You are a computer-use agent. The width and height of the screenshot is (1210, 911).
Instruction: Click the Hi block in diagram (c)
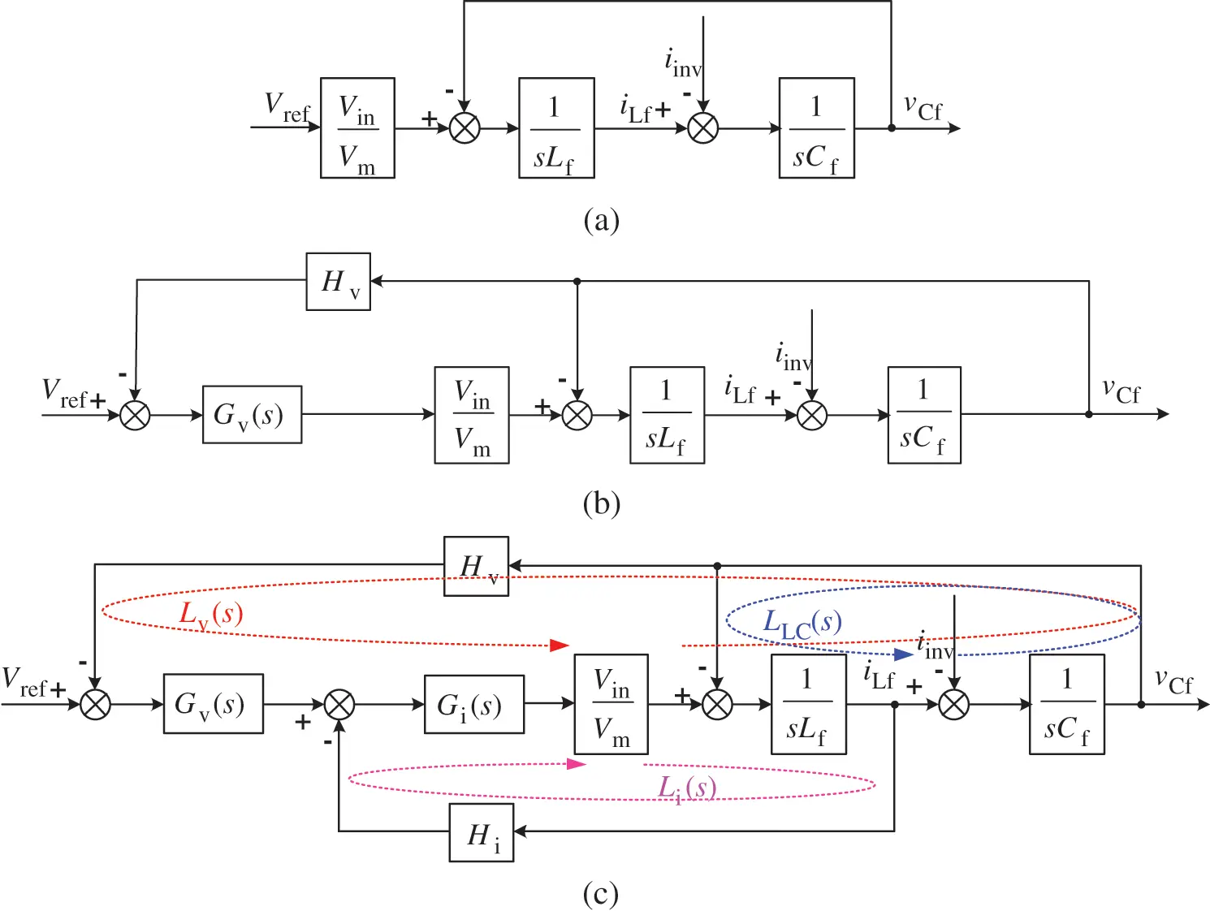coord(482,832)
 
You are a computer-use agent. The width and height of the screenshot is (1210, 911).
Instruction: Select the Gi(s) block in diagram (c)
coord(473,704)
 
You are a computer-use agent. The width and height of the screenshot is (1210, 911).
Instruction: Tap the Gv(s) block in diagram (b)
coord(252,415)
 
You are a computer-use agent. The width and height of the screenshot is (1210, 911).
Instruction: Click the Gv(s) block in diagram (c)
coord(213,704)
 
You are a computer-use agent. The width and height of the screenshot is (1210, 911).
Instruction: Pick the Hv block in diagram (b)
coord(338,282)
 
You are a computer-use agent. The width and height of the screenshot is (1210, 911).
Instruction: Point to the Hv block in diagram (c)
coord(476,566)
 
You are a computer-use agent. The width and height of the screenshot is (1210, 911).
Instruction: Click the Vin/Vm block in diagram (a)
coord(357,128)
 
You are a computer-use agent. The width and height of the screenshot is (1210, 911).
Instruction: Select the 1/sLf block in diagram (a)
coord(556,128)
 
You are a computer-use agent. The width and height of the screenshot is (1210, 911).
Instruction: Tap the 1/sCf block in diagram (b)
coord(924,415)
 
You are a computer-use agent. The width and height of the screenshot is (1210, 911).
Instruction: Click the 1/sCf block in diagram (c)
coord(1066,704)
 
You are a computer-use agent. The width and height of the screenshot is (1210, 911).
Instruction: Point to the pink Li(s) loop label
coord(686,788)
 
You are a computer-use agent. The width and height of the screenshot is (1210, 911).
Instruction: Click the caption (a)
coord(601,220)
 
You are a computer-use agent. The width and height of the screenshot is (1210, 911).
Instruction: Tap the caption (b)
coord(601,504)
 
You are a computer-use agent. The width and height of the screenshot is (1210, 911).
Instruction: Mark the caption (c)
coord(601,894)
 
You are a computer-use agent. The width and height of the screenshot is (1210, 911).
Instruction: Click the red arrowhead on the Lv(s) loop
coord(560,645)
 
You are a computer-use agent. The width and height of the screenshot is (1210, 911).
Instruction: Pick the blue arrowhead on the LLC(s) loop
coord(903,654)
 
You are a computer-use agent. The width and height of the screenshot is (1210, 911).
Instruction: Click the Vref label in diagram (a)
coord(287,106)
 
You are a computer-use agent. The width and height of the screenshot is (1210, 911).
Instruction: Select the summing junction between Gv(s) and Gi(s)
coord(339,704)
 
